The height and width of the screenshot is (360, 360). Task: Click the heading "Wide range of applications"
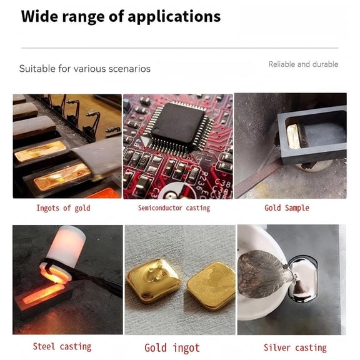point(121,16)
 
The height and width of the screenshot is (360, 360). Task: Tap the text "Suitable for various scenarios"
point(84,69)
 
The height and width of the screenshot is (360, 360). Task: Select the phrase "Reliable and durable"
point(303,64)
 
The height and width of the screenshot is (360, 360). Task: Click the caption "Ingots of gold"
point(63,208)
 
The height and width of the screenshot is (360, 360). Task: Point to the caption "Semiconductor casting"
point(174,208)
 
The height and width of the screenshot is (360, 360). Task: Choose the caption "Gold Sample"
point(287,208)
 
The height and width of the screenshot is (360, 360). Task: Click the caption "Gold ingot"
point(172,347)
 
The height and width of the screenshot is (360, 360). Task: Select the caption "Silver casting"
point(294,347)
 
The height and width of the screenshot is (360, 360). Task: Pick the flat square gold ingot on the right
point(211,284)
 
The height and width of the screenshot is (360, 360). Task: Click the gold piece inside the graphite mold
point(293,135)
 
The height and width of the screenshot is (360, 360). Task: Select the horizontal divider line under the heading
point(180,48)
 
